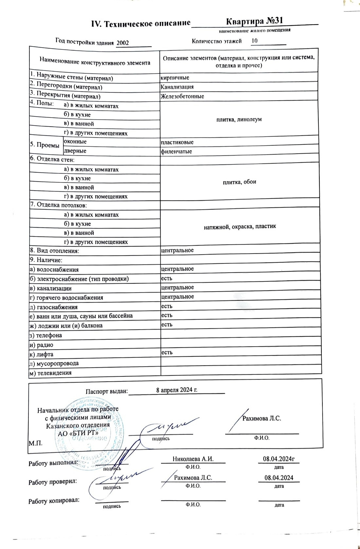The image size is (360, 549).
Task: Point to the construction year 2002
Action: pyautogui.click(x=123, y=43)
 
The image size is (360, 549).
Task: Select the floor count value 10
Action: pyautogui.click(x=254, y=41)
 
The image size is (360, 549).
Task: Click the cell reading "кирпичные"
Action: pyautogui.click(x=175, y=78)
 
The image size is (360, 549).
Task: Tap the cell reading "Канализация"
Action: pyautogui.click(x=177, y=87)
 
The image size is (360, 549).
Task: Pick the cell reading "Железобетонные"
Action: pyautogui.click(x=182, y=96)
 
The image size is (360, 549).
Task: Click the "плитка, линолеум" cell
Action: pyautogui.click(x=239, y=120)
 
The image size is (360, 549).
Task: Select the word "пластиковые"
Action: pyautogui.click(x=177, y=142)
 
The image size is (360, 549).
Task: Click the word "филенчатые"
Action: pyautogui.click(x=176, y=152)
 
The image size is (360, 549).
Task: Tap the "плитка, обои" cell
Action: pyautogui.click(x=239, y=182)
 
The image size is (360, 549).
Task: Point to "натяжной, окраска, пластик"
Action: pyautogui.click(x=240, y=226)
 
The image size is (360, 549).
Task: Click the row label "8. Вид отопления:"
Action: pyautogui.click(x=55, y=251)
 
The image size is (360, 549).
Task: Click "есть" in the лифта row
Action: pyautogui.click(x=167, y=352)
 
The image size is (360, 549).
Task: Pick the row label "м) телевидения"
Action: pyautogui.click(x=50, y=373)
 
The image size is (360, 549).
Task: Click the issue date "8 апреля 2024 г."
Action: pyautogui.click(x=177, y=390)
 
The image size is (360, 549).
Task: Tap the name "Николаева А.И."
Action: pyautogui.click(x=193, y=459)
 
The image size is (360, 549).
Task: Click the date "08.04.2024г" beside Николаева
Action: pyautogui.click(x=279, y=459)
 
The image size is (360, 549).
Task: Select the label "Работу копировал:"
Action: pyautogui.click(x=54, y=501)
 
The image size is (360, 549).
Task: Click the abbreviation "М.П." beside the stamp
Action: pyautogui.click(x=36, y=444)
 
